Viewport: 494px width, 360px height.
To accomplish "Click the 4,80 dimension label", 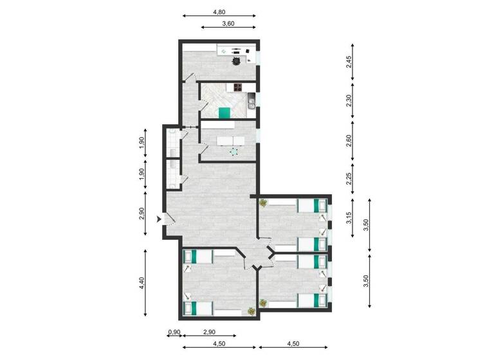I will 219,12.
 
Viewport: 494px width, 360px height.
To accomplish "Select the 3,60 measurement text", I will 228,23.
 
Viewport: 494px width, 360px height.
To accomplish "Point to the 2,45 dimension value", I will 349,62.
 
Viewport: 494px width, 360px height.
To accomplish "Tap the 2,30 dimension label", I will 349,101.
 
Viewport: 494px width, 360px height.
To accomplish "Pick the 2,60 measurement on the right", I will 349,141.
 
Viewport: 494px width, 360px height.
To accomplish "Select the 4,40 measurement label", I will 142,285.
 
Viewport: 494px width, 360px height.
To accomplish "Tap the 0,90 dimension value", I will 174,332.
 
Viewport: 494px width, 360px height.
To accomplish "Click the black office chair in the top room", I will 237,61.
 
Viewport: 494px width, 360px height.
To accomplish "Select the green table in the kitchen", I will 224,113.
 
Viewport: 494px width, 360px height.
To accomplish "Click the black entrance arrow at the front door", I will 158,219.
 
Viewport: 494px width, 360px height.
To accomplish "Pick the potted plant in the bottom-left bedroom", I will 250,312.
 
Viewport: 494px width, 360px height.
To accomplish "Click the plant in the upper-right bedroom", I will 264,203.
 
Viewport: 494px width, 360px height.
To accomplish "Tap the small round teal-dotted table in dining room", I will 233,152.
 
